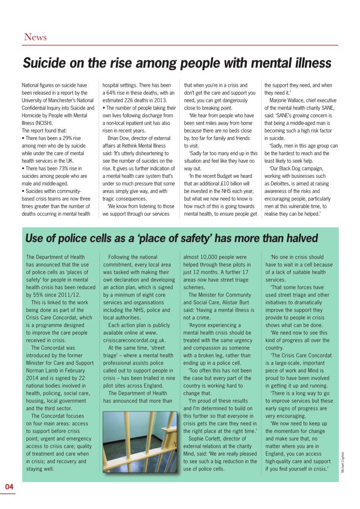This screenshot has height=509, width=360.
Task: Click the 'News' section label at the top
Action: (x=35, y=37)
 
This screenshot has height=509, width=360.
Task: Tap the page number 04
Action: (x=9, y=487)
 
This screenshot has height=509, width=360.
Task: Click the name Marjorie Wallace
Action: (x=286, y=100)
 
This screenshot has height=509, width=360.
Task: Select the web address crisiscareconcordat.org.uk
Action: (x=134, y=340)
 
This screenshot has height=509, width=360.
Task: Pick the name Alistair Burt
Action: (x=235, y=303)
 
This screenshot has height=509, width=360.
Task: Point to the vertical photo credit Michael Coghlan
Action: (x=342, y=462)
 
